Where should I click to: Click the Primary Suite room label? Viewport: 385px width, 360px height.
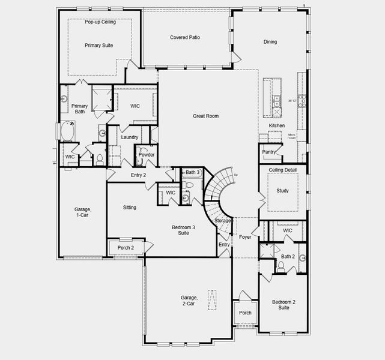(x=99, y=45)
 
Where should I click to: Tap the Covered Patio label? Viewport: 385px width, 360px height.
(x=185, y=37)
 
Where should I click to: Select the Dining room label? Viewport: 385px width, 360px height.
(x=270, y=42)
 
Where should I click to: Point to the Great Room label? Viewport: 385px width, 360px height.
(x=205, y=116)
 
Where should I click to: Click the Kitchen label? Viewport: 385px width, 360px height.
(x=277, y=125)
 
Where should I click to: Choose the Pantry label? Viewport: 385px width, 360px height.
(x=268, y=152)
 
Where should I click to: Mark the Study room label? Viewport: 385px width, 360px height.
(x=282, y=191)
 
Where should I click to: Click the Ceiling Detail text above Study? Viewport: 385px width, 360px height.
(x=283, y=170)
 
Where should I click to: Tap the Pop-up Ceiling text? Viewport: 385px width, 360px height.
(x=100, y=22)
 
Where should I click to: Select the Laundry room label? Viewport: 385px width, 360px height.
(x=130, y=137)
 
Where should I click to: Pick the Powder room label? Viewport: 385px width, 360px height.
(x=147, y=155)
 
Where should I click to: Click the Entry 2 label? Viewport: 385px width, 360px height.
(x=139, y=175)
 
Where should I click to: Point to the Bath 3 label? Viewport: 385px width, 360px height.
(x=192, y=173)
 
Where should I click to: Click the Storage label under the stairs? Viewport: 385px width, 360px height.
(x=222, y=221)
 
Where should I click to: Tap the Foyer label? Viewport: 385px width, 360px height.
(x=245, y=237)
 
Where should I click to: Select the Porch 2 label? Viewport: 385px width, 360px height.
(x=126, y=248)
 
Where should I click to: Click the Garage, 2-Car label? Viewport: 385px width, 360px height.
(x=188, y=301)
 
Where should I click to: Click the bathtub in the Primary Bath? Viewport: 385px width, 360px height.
(x=67, y=131)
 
